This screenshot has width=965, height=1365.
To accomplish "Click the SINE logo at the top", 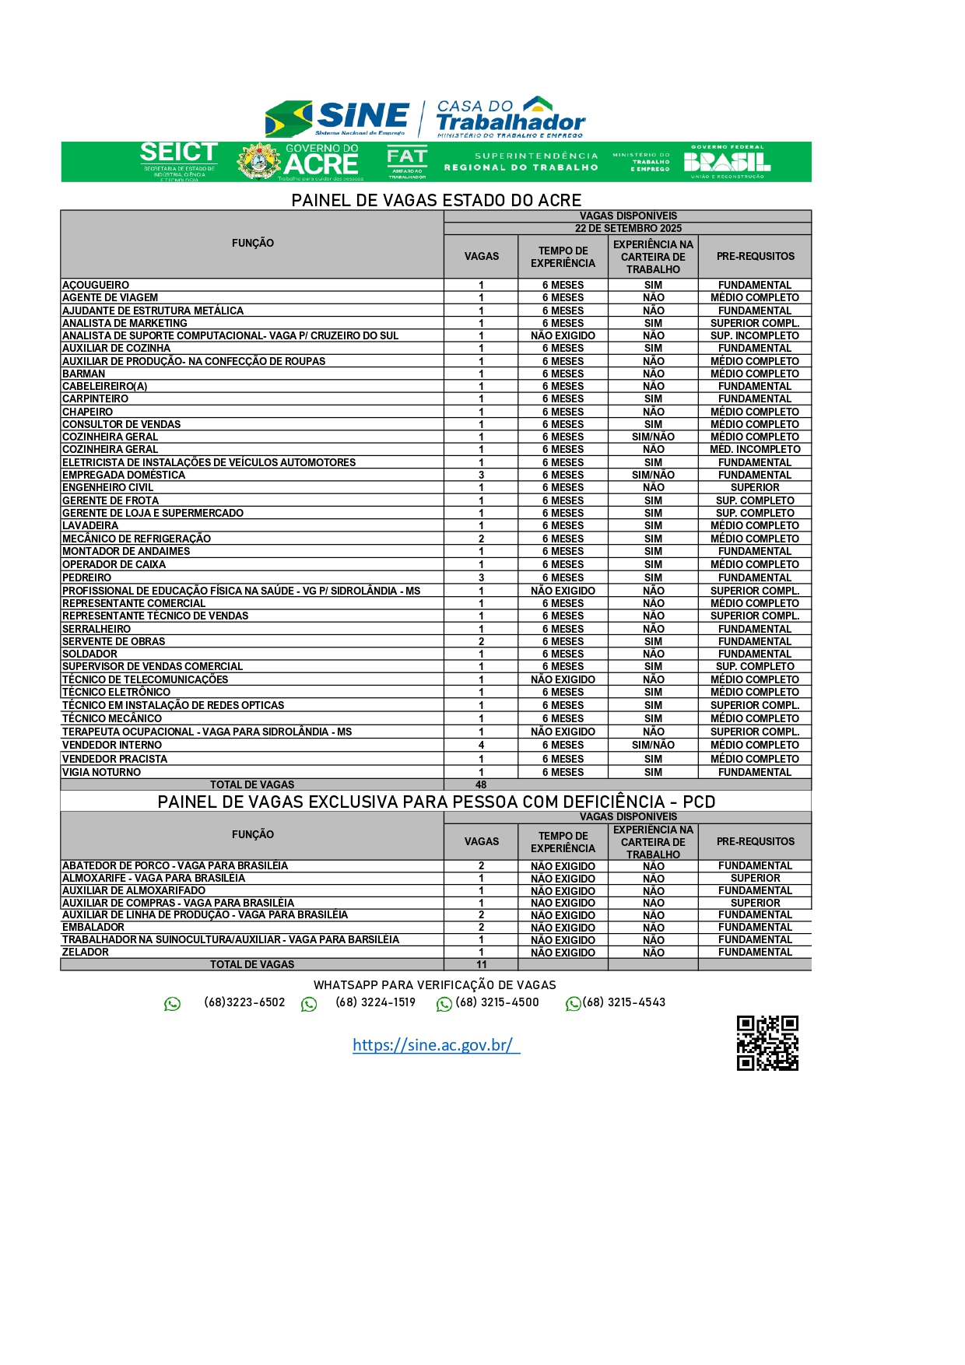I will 338,118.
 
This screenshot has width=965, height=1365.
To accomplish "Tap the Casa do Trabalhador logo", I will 510,117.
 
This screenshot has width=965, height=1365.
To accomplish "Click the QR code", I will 767,1043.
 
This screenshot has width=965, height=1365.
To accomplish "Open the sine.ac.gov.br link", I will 436,1045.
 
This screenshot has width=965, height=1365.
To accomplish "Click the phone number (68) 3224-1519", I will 375,1002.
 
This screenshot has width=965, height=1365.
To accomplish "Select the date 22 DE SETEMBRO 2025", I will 628,229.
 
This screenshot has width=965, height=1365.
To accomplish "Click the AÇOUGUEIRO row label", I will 96,286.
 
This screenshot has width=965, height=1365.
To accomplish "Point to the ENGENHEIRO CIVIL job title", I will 107,488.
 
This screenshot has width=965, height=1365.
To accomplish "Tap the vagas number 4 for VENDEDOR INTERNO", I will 482,746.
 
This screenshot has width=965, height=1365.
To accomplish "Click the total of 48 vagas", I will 482,785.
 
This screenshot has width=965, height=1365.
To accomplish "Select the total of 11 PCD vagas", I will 482,965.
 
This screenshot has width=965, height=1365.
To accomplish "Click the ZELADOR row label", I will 86,953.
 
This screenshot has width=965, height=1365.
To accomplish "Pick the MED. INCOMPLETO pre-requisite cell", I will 755,450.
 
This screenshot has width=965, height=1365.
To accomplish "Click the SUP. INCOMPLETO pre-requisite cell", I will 755,336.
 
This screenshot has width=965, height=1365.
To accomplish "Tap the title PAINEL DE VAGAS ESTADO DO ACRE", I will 437,200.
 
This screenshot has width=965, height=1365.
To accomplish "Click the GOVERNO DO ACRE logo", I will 300,162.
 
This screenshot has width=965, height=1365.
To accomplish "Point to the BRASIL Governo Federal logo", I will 727,162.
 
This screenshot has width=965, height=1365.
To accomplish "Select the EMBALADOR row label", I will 93,928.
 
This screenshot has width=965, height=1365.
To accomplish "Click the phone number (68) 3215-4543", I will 623,1002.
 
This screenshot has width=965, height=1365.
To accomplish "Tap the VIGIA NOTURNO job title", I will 102,773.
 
